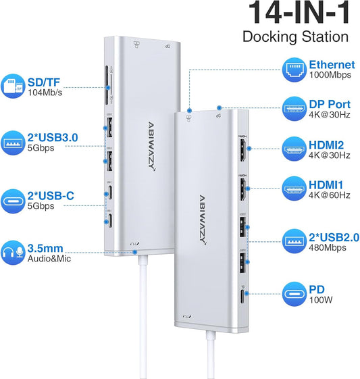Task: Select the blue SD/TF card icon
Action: (x=16, y=86)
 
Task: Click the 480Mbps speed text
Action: (x=327, y=247)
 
